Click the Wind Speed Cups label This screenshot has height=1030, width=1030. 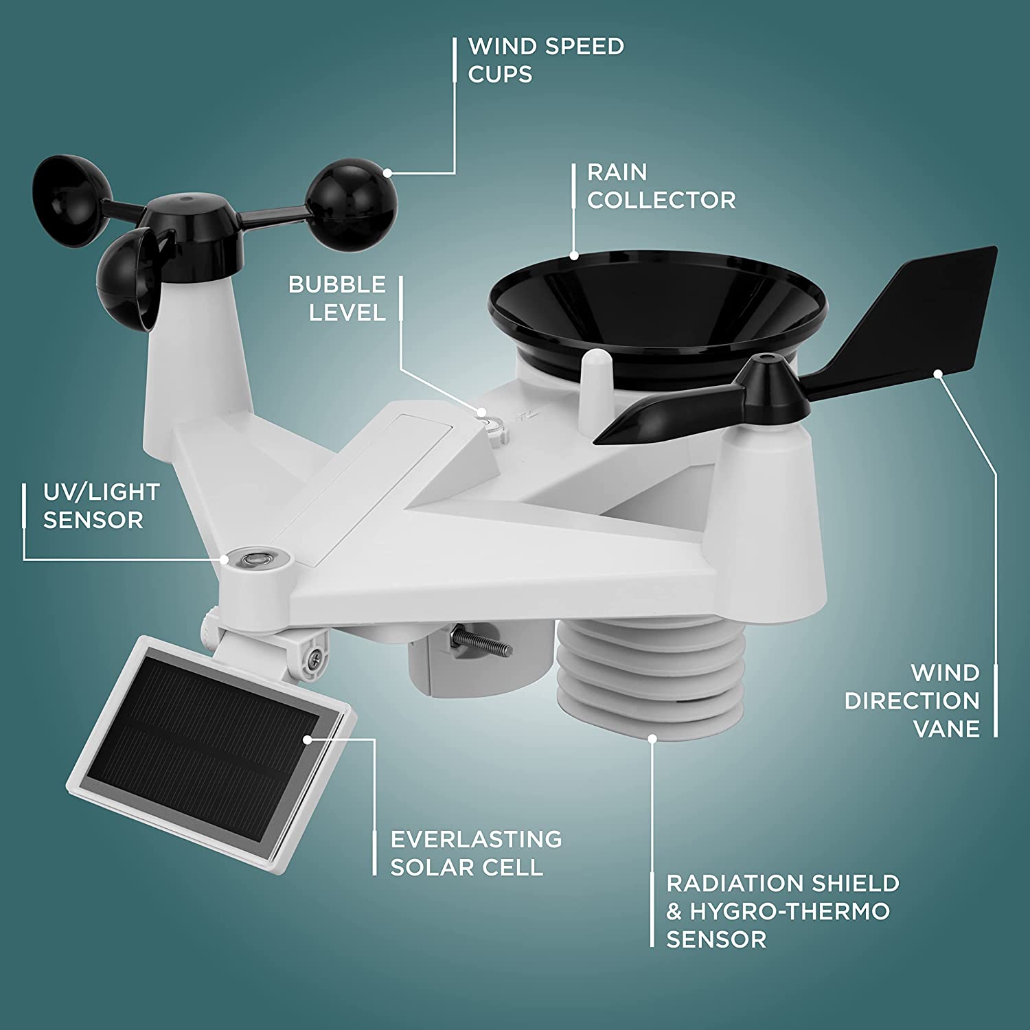545,60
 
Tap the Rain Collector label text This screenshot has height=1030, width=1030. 661,186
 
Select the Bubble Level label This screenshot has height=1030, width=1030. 337,299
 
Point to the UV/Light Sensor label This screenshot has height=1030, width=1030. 101,506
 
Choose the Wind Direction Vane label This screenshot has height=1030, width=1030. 913,700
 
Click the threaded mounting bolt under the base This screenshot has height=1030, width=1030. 481,642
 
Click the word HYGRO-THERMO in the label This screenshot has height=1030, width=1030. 790,911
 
